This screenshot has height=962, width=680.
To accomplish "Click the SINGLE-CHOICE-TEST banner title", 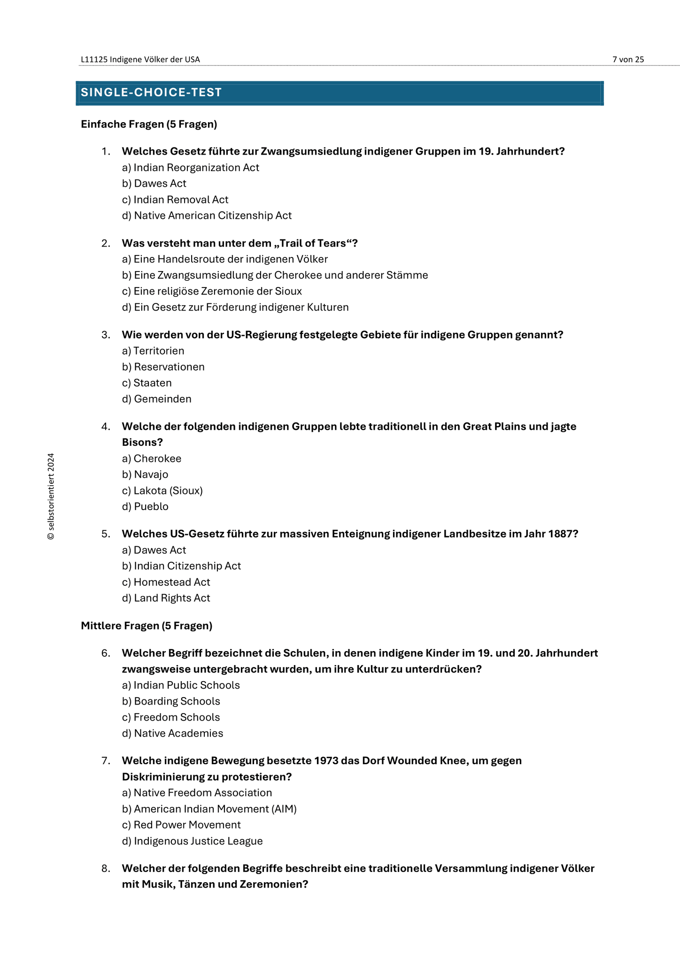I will pyautogui.click(x=151, y=93).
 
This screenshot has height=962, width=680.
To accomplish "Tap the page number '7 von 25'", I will pyautogui.click(x=628, y=59).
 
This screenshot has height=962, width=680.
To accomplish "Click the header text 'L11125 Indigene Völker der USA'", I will pyautogui.click(x=140, y=59).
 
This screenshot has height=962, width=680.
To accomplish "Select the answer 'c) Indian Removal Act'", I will pyautogui.click(x=175, y=200).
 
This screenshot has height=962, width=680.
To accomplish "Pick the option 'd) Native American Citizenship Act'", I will pyautogui.click(x=207, y=216).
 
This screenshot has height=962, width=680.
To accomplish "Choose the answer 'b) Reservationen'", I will pyautogui.click(x=163, y=367).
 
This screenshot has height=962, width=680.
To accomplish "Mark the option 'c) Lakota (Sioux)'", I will pyautogui.click(x=162, y=490).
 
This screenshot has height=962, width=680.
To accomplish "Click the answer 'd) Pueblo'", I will pyautogui.click(x=145, y=506).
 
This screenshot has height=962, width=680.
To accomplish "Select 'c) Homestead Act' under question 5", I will pyautogui.click(x=166, y=582).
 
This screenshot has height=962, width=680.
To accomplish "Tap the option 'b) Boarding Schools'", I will pyautogui.click(x=171, y=701).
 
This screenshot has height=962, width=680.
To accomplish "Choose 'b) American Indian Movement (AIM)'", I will pyautogui.click(x=209, y=809).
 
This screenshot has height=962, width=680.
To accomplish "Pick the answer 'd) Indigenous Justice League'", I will pyautogui.click(x=193, y=841).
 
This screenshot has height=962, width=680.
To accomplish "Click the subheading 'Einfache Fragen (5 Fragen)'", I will pyautogui.click(x=149, y=124).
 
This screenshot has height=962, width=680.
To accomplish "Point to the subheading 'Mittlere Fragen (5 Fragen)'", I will pyautogui.click(x=147, y=626).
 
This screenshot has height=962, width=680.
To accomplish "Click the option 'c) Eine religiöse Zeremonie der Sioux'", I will pyautogui.click(x=212, y=291).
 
